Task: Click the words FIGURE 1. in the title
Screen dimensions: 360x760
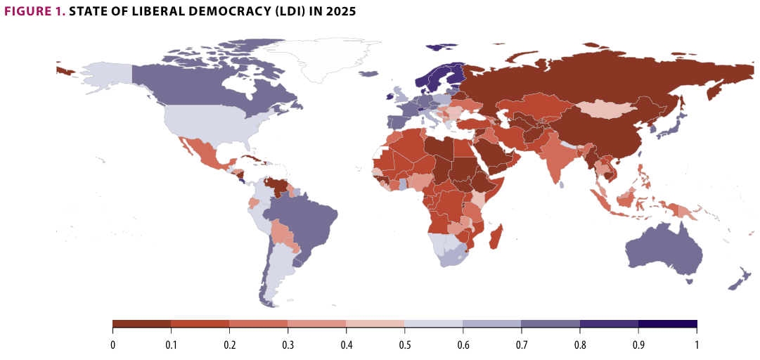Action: click(x=34, y=12)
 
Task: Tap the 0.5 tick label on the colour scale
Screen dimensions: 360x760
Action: click(x=404, y=345)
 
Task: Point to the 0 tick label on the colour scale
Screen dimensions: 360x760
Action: click(x=112, y=345)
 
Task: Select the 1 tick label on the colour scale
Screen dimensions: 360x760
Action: click(x=696, y=345)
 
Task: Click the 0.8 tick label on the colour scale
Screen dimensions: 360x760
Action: click(x=579, y=345)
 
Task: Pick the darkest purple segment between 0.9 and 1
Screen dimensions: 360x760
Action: click(x=667, y=324)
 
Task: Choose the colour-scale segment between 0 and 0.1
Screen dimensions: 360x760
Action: click(x=141, y=324)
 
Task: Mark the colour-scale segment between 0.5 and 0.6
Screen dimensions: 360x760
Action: click(x=433, y=324)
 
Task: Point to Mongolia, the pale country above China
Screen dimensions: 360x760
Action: click(x=605, y=108)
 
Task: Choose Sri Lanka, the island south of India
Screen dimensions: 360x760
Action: click(x=564, y=184)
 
